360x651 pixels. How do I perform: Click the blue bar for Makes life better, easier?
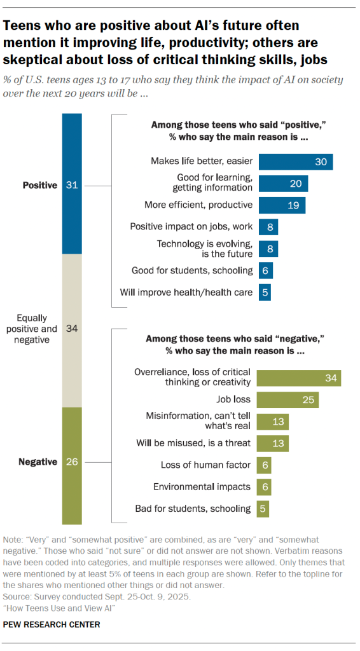tap(295, 162)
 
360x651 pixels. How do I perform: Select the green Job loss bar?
tap(287, 400)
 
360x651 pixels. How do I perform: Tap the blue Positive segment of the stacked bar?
tap(72, 184)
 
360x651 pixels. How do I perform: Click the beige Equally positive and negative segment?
tap(72, 329)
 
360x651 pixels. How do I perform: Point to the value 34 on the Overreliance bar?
tap(329, 378)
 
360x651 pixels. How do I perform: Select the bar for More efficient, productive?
tap(281, 205)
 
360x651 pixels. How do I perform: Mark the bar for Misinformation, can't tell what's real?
tap(272, 421)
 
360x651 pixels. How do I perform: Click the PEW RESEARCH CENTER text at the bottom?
tap(52, 625)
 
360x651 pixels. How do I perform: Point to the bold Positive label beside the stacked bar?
tap(39, 185)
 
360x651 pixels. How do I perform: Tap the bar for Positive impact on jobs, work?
tap(268, 226)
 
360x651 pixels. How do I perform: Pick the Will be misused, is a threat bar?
tap(272, 442)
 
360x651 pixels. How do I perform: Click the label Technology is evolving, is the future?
tap(204, 249)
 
